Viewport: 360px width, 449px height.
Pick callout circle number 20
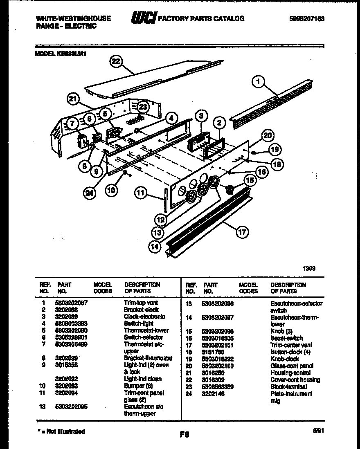tap(267, 135)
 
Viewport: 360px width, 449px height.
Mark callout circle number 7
tap(72, 123)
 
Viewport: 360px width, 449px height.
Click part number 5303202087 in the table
tap(72, 303)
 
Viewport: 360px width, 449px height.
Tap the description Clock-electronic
tap(144, 317)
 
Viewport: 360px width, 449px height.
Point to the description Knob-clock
tap(285, 359)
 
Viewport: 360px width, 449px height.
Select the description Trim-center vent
tap(291, 345)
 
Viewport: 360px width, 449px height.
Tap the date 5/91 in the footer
tap(318, 431)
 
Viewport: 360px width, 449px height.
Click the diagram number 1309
tap(309, 269)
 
